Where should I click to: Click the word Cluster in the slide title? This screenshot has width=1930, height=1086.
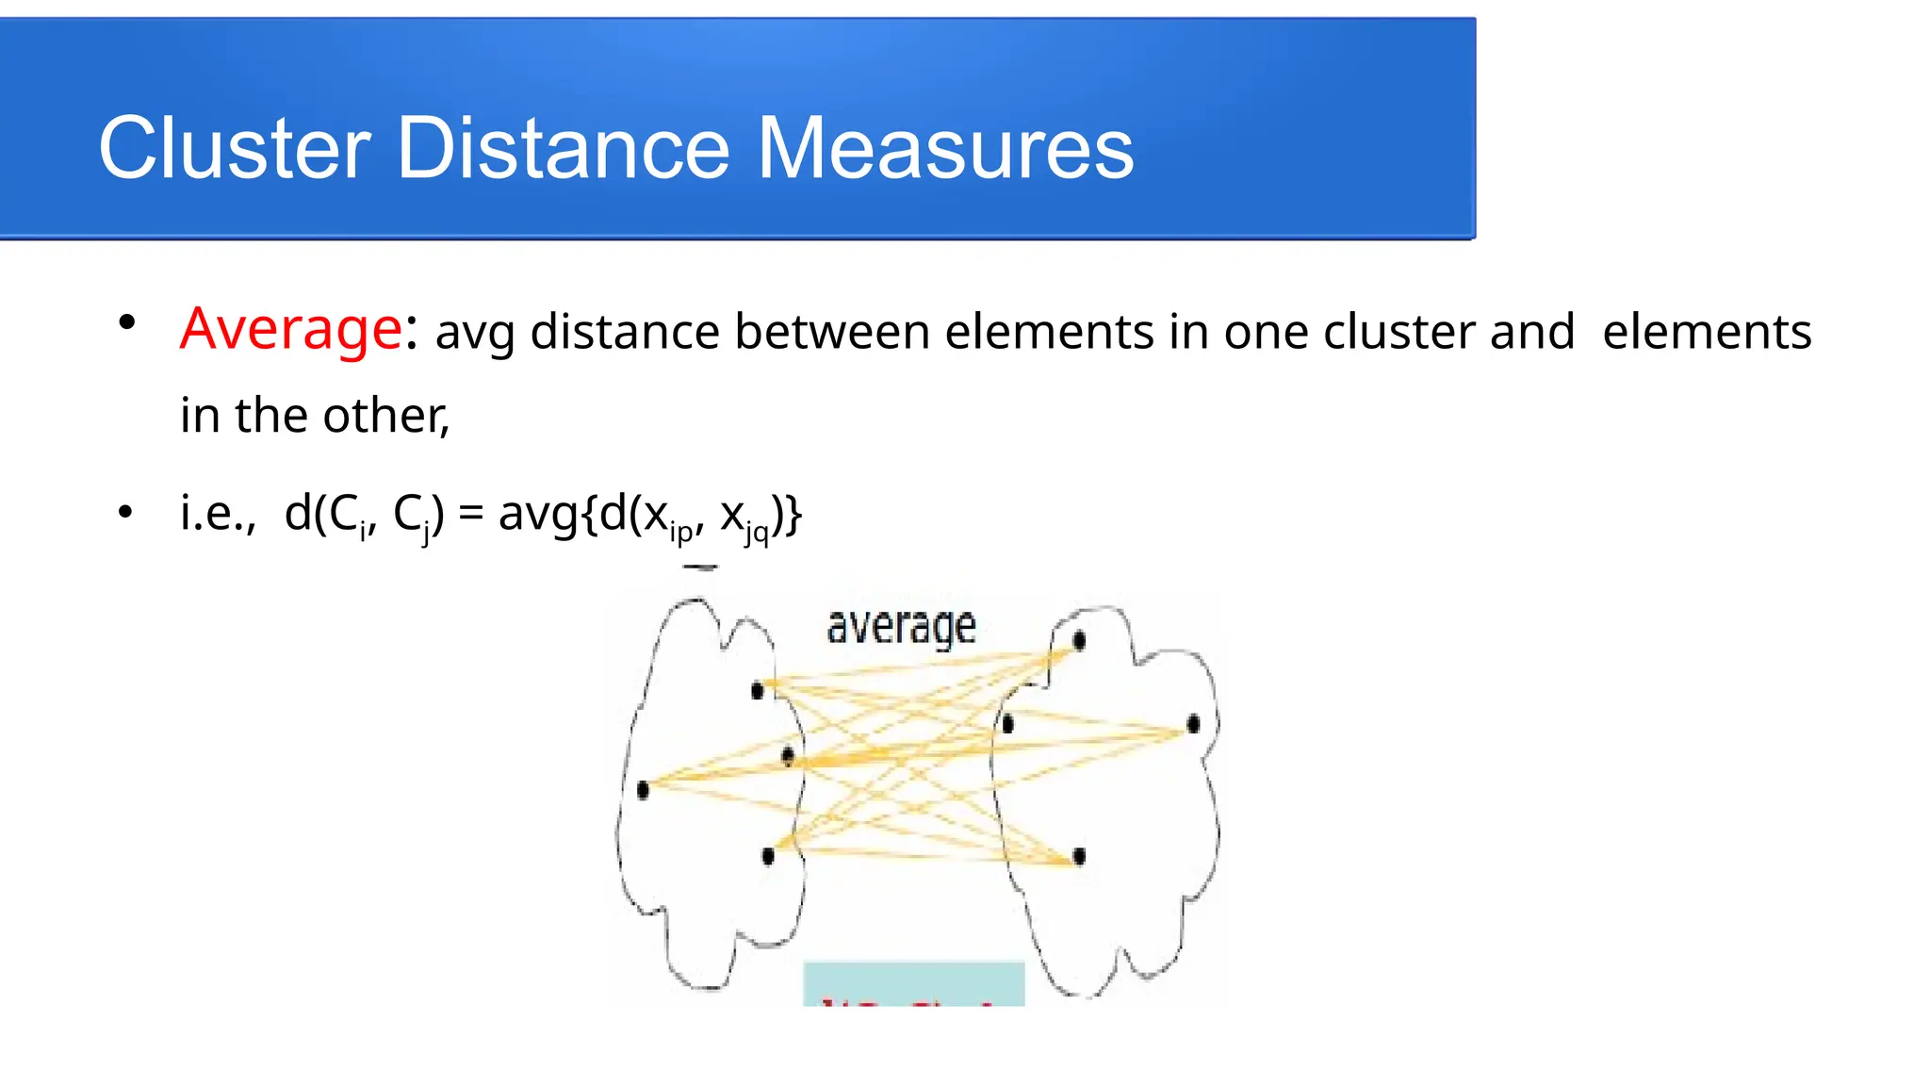point(235,148)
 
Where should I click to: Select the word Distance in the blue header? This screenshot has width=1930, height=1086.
point(564,148)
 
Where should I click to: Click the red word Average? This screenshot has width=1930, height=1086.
point(291,329)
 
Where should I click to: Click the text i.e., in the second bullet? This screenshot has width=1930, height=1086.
point(218,514)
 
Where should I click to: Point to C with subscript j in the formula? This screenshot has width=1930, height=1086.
point(412,517)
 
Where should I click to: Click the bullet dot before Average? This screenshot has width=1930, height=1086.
point(127,323)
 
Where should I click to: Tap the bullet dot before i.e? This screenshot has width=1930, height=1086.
point(125,514)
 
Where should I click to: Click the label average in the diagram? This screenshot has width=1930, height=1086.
point(901,627)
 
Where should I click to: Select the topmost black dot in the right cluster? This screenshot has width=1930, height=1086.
point(1079,641)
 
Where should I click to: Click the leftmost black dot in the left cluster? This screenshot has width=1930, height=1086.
point(643,789)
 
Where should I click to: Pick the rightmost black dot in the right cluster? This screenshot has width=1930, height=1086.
point(1193,724)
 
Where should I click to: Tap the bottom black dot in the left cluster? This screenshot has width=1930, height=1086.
point(768,856)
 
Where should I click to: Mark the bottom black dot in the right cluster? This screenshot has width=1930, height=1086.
point(1079,856)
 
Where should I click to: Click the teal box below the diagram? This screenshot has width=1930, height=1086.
point(913,983)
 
